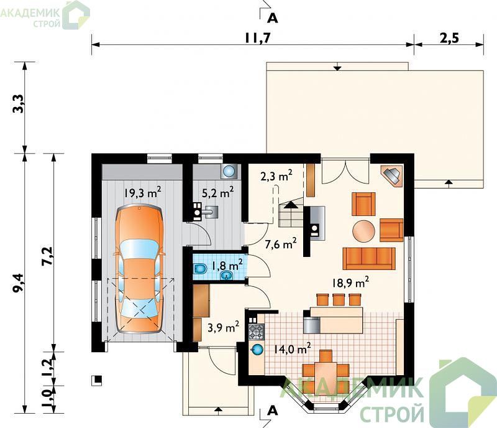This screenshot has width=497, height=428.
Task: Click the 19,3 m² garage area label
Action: pos(142,192)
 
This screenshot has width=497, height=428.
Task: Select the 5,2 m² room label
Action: pos(218,192)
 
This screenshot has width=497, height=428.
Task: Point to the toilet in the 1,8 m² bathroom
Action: pos(199,269)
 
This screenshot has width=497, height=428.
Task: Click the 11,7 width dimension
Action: pos(257,38)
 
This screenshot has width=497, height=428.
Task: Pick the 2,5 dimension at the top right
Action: pos(449,38)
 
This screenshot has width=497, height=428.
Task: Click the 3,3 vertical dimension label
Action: pos(19,103)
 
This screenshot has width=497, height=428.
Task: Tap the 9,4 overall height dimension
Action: pos(19,282)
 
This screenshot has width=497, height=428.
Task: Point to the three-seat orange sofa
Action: pos(369,258)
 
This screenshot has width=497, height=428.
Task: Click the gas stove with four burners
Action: pos(256,332)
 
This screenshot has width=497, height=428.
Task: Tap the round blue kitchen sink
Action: pos(257,350)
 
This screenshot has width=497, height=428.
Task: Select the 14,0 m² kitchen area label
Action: pos(292,348)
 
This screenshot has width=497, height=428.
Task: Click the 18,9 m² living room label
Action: pos(350,282)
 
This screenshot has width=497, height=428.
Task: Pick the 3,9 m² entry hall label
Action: pos(223,327)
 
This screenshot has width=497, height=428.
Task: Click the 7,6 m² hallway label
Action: pos(281,243)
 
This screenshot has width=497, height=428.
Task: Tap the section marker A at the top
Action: pos(272,19)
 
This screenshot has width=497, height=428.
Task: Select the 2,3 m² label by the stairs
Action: pos(276,175)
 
